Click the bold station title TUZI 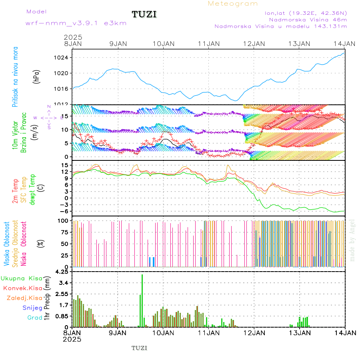(144, 15)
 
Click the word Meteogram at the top (233, 4)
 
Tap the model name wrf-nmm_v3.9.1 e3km (70, 23)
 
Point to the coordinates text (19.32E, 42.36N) (306, 13)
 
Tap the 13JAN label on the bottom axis (300, 333)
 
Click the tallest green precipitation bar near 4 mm (142, 300)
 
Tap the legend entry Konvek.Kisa (22, 288)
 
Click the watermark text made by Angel (352, 240)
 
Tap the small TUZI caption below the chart (140, 348)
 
